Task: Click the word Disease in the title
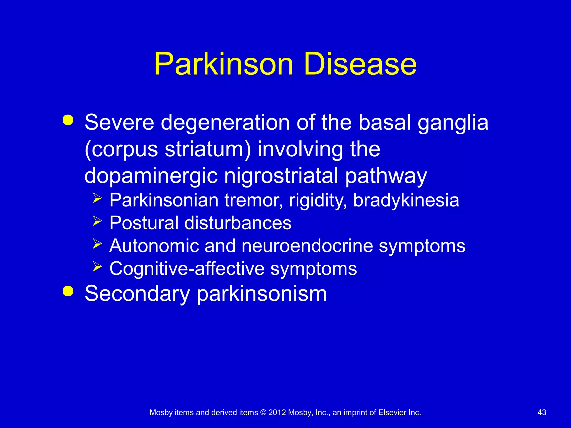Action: (360, 64)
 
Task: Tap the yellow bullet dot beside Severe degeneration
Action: (68, 120)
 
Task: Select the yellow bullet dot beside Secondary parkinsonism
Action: (68, 291)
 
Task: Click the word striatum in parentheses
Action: (205, 149)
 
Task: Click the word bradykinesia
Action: (406, 200)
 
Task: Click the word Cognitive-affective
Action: (187, 269)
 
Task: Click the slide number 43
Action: (542, 412)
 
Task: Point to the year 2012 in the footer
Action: (277, 412)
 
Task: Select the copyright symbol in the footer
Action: (263, 412)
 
